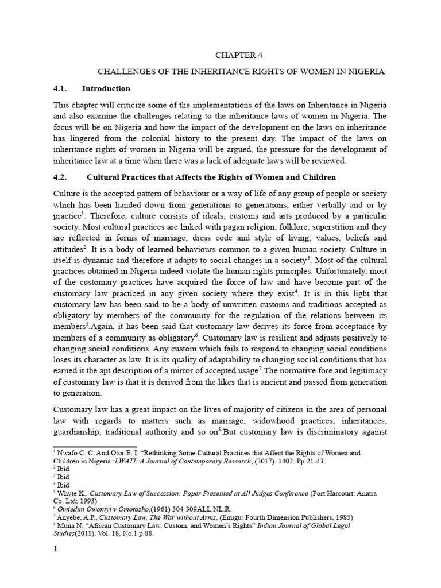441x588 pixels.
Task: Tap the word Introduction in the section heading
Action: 106,89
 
